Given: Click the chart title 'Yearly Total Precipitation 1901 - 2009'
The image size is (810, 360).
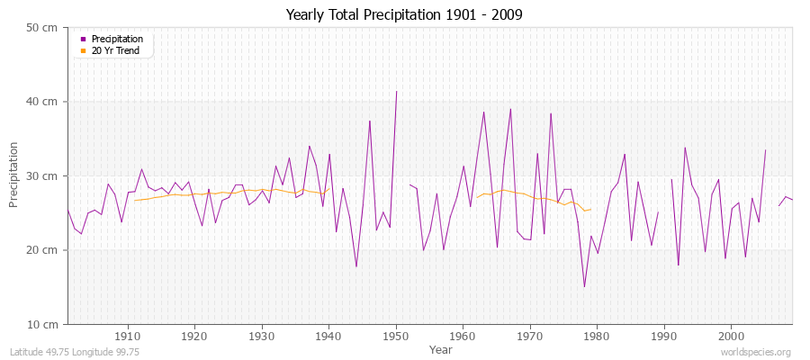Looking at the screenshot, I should [403, 15].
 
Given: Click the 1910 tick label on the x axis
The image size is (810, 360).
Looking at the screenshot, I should [127, 336].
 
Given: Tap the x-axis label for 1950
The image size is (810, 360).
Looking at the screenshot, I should [395, 336].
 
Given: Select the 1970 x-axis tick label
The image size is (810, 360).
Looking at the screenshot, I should [529, 336].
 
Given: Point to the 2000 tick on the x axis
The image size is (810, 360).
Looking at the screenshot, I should [731, 336].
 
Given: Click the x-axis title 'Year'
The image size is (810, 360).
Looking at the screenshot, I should [441, 349].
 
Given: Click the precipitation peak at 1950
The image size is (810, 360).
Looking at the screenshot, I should [396, 91].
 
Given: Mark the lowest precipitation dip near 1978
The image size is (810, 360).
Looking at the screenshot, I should [584, 286].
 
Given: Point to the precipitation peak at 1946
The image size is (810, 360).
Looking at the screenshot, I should [369, 121].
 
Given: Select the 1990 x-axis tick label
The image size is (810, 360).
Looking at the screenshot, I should [663, 336].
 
